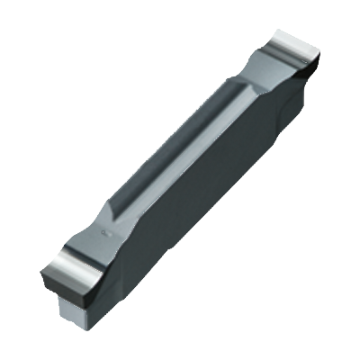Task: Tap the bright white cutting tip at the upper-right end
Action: tap(293, 41)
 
